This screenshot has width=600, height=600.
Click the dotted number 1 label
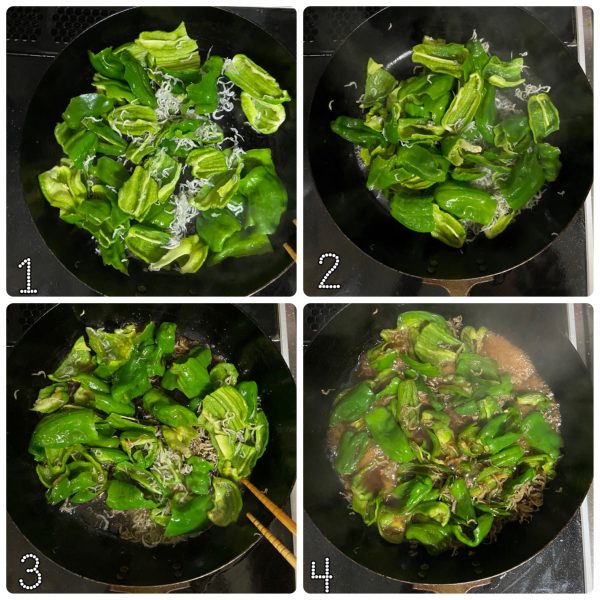click(28, 275)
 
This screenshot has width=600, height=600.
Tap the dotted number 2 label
click(329, 271)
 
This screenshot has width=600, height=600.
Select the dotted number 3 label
click(31, 571)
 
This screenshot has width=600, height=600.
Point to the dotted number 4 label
click(322, 574)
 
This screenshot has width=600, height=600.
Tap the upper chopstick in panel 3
click(269, 505)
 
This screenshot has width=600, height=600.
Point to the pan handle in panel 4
click(452, 586)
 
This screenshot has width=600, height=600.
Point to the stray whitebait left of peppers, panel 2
click(331, 104)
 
